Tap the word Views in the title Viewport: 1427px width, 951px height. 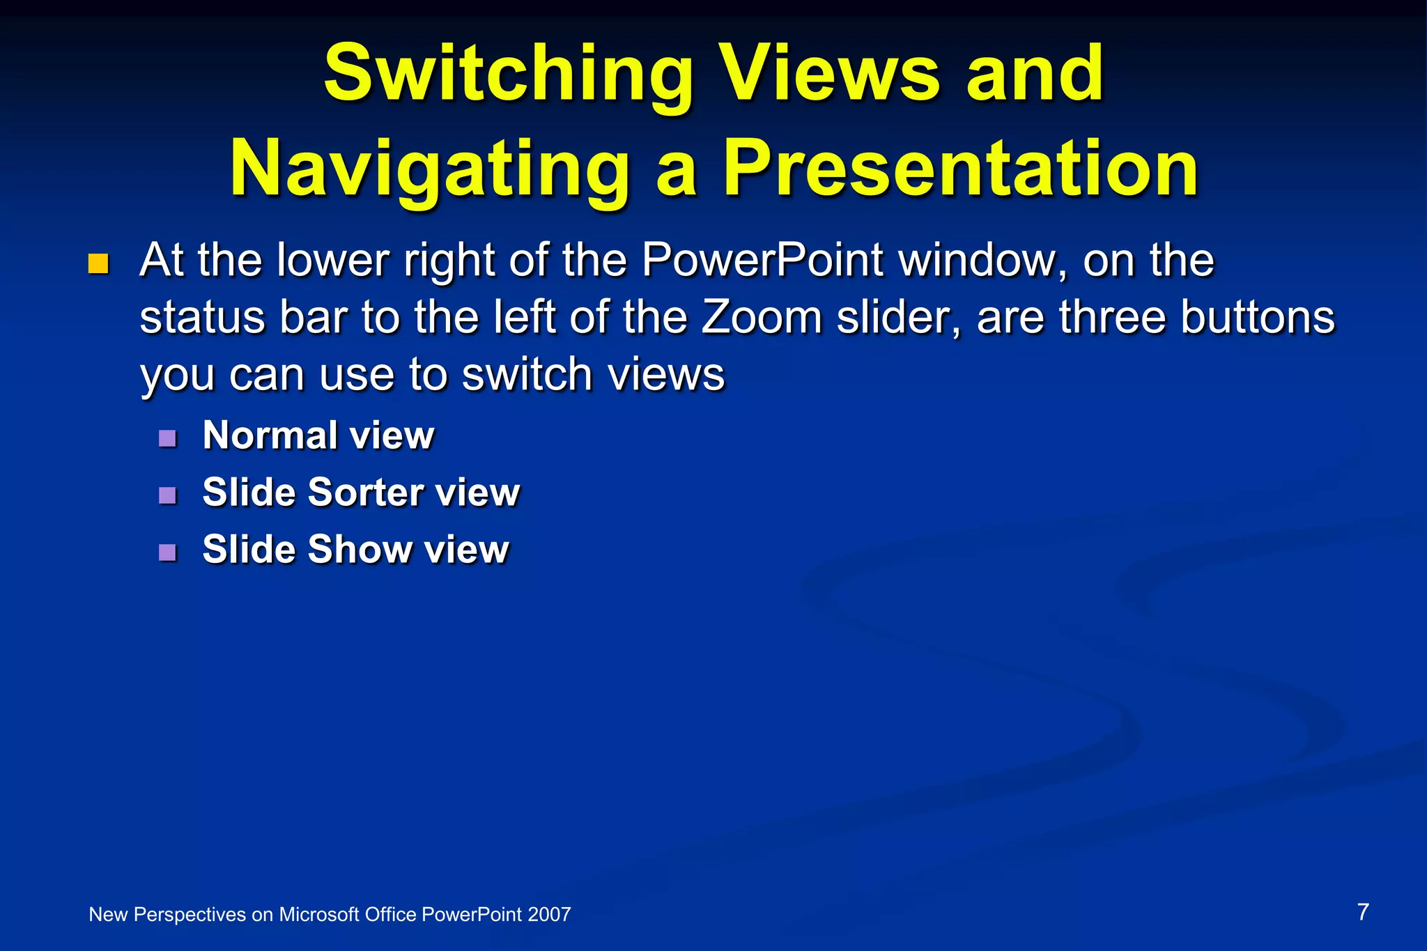(x=830, y=73)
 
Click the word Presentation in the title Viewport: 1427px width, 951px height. (x=960, y=169)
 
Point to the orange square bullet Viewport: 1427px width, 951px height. (x=99, y=264)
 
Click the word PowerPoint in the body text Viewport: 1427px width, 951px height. (x=762, y=260)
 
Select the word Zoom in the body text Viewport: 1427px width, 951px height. (x=762, y=318)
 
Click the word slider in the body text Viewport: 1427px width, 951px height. (x=899, y=318)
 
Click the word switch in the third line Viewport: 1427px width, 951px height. (x=527, y=375)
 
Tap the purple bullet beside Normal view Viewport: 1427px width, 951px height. (x=167, y=438)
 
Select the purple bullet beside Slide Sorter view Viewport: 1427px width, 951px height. (x=167, y=495)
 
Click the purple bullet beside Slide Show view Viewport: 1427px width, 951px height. (x=167, y=552)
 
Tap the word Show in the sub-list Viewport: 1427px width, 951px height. (x=360, y=550)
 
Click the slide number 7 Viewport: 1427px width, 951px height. (x=1363, y=912)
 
